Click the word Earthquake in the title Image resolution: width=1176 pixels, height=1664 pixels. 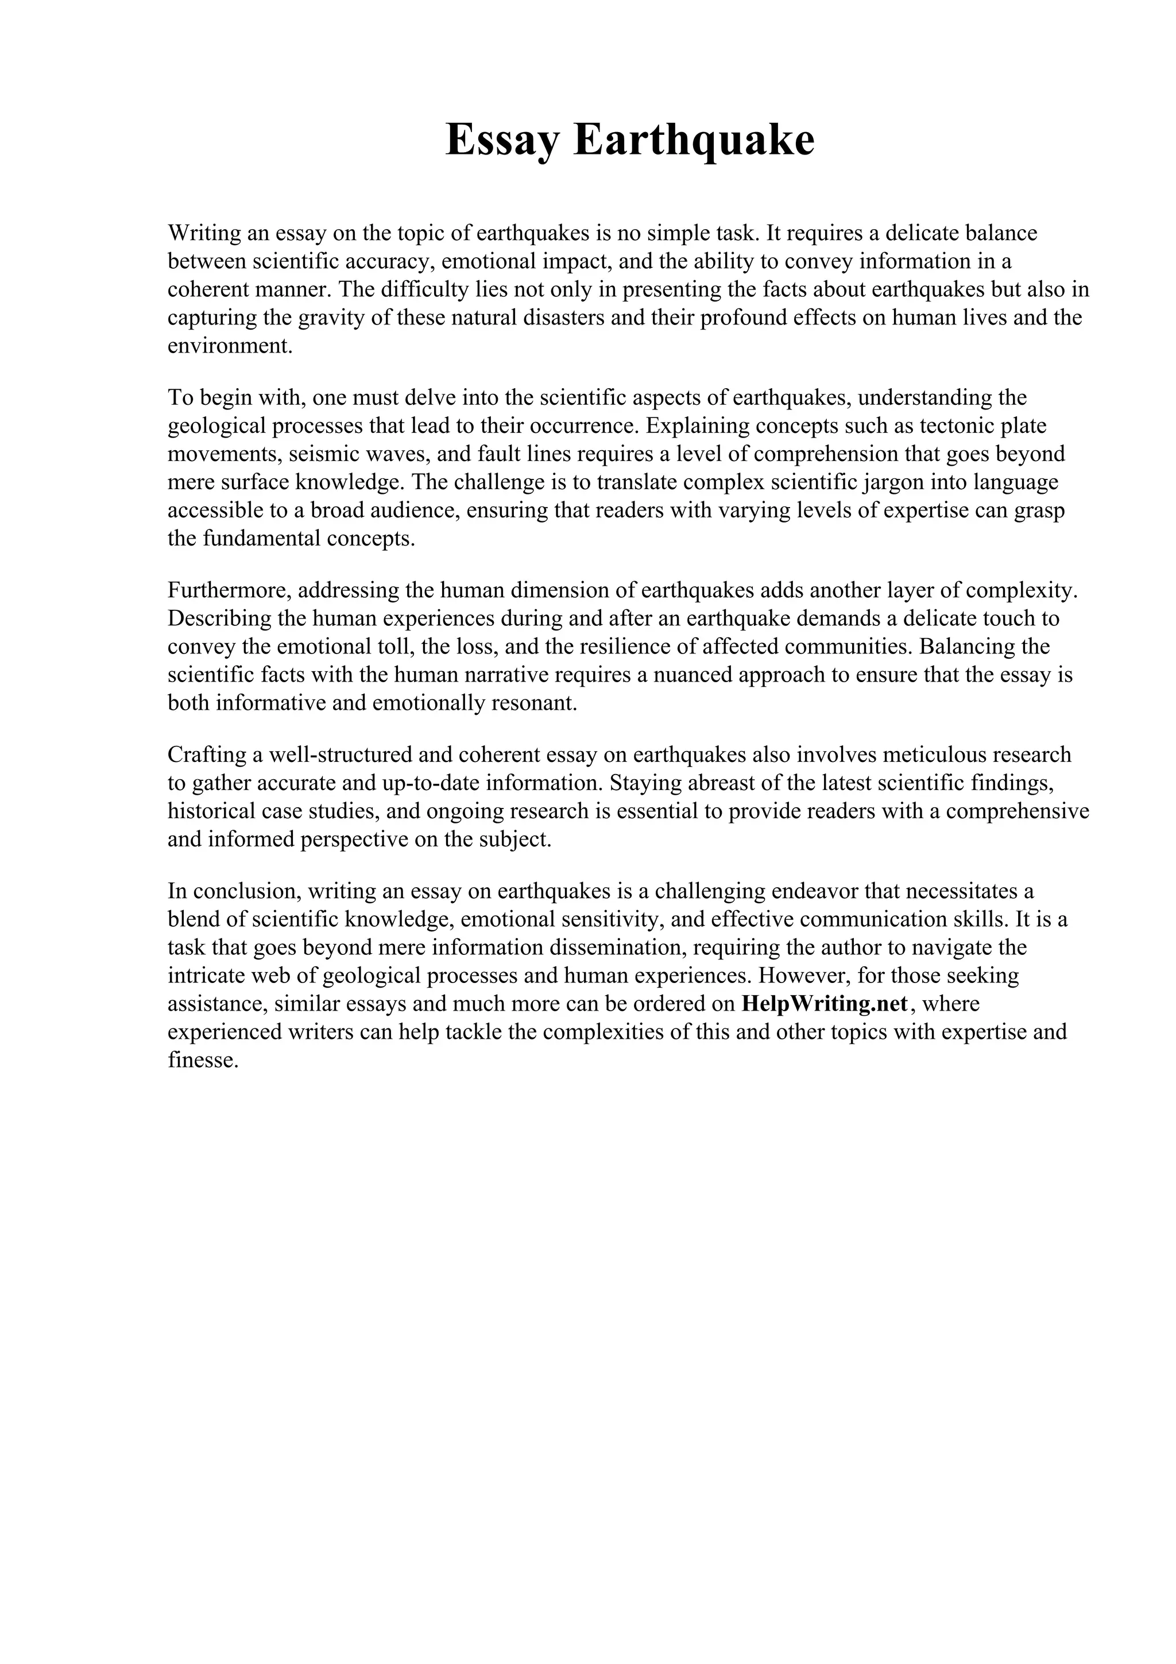(694, 140)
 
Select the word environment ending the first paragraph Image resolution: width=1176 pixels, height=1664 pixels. (229, 346)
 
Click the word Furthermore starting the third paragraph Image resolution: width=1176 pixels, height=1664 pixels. (229, 591)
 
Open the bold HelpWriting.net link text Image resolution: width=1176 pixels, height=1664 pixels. (825, 1004)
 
